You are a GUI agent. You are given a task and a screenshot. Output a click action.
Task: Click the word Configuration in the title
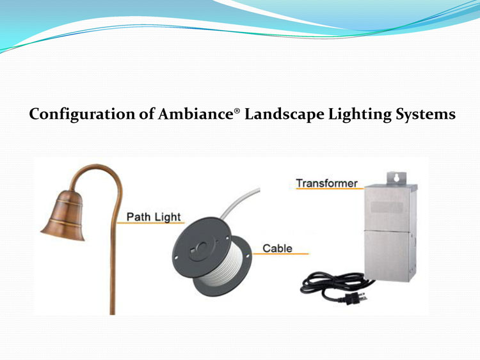(x=82, y=114)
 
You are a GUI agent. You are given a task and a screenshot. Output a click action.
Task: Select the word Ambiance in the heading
(x=196, y=114)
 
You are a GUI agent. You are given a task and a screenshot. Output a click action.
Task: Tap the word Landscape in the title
(x=284, y=114)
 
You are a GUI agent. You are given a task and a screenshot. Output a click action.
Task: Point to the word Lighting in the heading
(x=360, y=114)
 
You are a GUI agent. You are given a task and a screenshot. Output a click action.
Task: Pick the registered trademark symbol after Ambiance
(x=237, y=111)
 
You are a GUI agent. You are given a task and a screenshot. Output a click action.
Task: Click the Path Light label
(x=154, y=217)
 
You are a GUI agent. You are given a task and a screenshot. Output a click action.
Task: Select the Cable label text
(x=277, y=248)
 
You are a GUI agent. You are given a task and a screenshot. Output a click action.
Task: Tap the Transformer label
(x=326, y=184)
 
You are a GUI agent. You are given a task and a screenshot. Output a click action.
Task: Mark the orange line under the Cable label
(x=281, y=254)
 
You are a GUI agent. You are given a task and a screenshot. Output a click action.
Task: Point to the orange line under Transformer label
(x=330, y=189)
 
